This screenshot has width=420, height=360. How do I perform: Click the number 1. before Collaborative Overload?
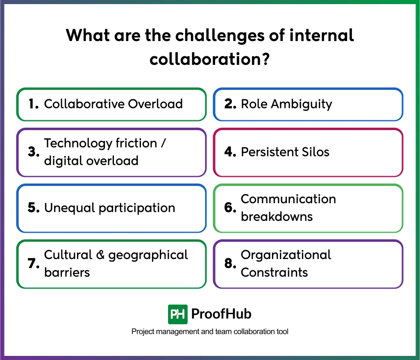point(34,104)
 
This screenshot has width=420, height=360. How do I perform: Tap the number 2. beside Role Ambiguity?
point(230,104)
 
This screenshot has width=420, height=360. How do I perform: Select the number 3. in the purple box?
point(34,152)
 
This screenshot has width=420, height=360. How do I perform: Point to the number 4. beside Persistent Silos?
point(230,152)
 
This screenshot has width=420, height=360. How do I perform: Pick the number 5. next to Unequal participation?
point(34,208)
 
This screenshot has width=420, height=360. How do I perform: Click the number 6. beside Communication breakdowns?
point(230,208)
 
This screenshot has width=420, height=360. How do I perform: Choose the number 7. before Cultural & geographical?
point(34,264)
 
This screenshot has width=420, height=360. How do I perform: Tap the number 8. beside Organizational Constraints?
point(230,264)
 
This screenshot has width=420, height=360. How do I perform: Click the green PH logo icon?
point(178,314)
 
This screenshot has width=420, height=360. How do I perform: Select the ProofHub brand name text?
point(221,314)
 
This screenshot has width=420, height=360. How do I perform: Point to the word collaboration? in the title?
point(209,59)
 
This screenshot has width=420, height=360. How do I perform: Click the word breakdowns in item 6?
point(277,216)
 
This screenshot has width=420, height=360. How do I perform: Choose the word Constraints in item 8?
point(274,272)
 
